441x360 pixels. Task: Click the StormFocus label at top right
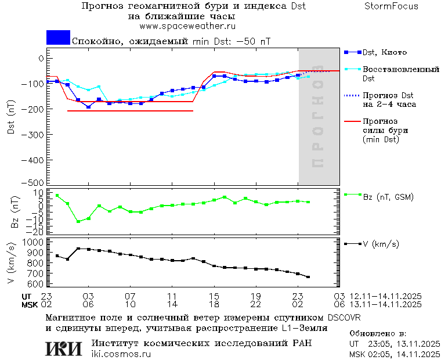pyautogui.click(x=391, y=6)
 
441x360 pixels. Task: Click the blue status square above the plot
pyautogui.click(x=58, y=38)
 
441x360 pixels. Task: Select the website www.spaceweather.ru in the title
pyautogui.click(x=187, y=26)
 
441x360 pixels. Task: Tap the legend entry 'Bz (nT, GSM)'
pyautogui.click(x=388, y=197)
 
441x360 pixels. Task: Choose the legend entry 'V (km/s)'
pyautogui.click(x=381, y=244)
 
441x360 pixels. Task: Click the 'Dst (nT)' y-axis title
pyautogui.click(x=10, y=116)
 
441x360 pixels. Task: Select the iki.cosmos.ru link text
pyautogui.click(x=121, y=354)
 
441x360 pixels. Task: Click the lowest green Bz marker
pyautogui.click(x=78, y=221)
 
